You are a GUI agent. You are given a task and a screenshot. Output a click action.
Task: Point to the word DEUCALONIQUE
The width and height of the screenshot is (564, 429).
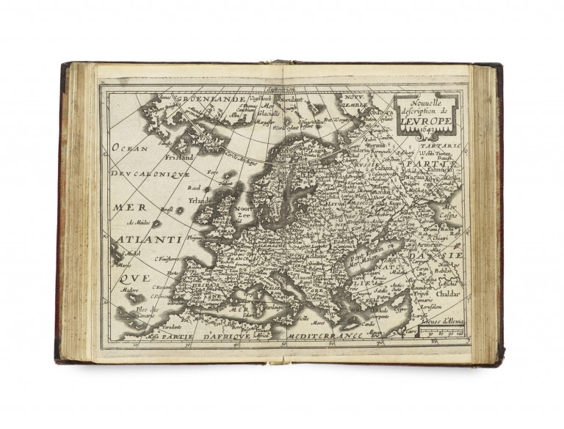[x=151, y=176]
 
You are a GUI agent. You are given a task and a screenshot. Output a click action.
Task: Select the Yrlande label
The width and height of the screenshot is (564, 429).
[x=198, y=199]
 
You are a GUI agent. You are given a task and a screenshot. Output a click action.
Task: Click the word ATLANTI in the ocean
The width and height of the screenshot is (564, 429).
[x=149, y=239]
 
